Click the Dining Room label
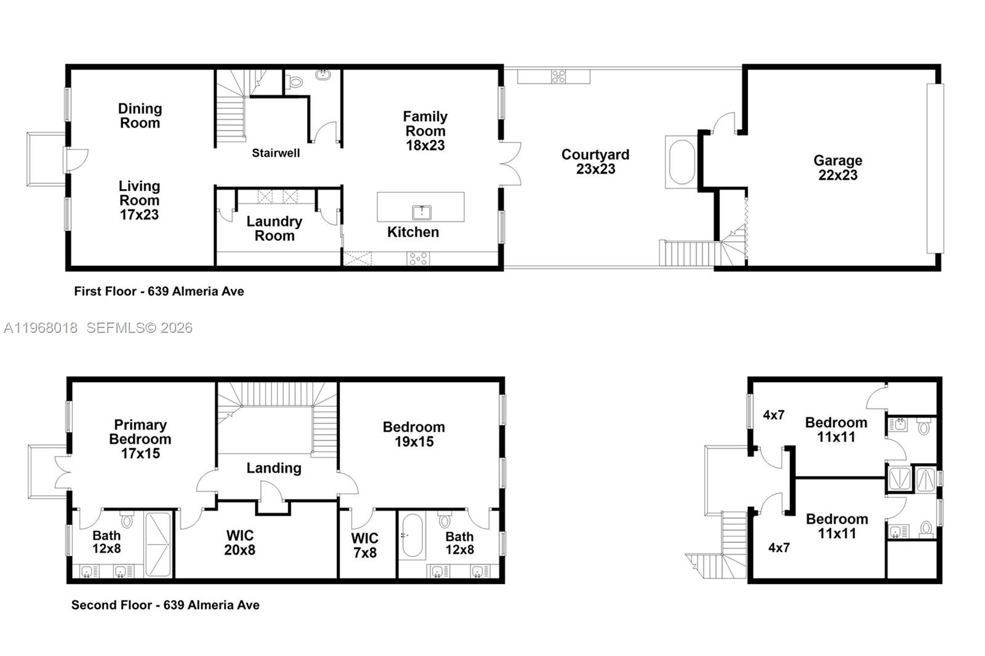(140, 116)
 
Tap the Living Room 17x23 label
(139, 200)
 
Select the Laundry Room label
(274, 228)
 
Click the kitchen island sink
(421, 212)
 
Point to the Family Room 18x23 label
(425, 130)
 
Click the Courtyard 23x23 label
(595, 161)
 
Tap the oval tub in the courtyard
(681, 162)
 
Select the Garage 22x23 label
(837, 167)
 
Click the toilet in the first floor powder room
(295, 81)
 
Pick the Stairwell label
(276, 153)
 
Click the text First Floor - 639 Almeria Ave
(159, 291)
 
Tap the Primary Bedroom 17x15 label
(140, 439)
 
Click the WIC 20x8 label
(239, 542)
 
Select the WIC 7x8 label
(364, 545)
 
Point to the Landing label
(274, 468)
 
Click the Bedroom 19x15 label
(414, 434)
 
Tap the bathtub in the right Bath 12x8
(412, 535)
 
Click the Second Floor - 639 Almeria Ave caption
(165, 605)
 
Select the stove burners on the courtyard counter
(558, 76)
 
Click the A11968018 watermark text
(41, 328)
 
